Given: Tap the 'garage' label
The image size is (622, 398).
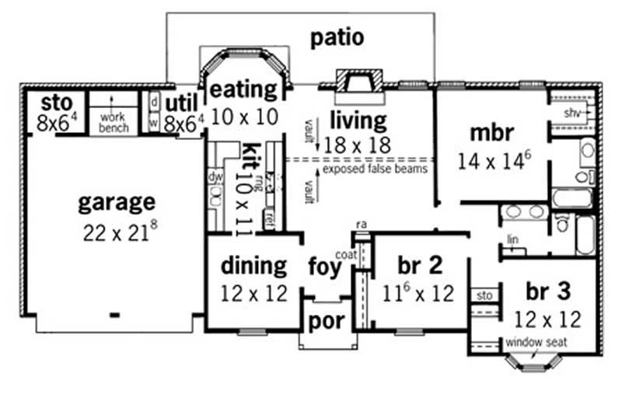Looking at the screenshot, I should click(117, 203).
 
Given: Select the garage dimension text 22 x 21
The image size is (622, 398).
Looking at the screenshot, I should click(117, 231).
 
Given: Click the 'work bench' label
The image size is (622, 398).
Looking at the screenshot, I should click(113, 122).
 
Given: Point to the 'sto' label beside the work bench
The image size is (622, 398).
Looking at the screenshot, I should click(56, 103).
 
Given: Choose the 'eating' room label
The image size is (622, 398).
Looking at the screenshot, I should click(243, 89).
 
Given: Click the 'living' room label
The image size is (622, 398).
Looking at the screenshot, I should click(358, 120).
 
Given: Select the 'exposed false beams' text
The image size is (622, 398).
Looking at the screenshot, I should click(375, 169).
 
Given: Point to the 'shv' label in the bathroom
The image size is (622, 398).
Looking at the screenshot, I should click(572, 113).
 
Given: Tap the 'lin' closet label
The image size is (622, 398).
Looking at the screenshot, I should click(512, 239).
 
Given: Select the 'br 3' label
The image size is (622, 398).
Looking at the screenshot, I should click(548, 292).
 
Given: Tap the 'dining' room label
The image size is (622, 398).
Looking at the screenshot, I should click(253, 266).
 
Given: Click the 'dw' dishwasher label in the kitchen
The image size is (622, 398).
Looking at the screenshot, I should click(215, 176).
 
